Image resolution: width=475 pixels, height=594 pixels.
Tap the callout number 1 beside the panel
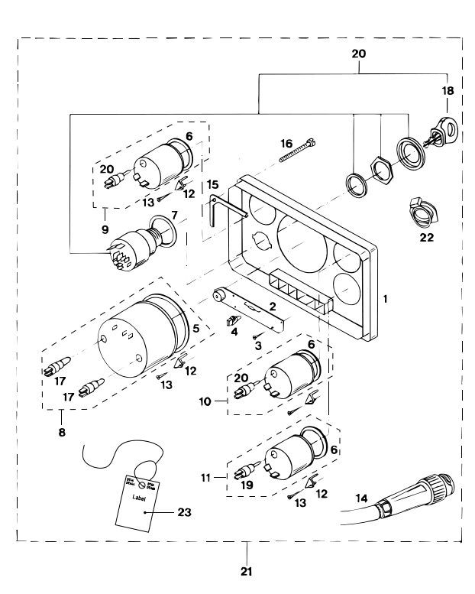point(385,297)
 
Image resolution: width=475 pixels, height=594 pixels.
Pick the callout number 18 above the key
point(448,90)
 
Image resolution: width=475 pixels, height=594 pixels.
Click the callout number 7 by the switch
point(174,216)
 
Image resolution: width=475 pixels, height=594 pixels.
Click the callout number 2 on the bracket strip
point(270,306)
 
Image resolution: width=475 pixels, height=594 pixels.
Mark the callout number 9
point(105,228)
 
